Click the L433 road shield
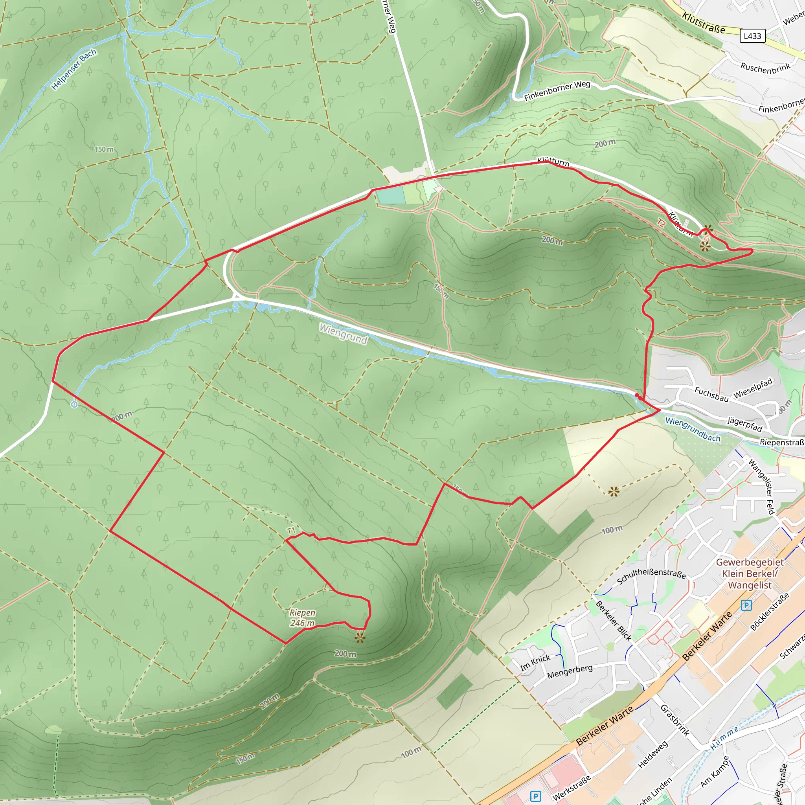click(752, 36)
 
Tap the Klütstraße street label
click(704, 23)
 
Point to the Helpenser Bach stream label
click(74, 70)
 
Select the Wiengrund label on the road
click(343, 334)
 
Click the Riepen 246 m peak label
click(303, 618)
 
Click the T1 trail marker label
click(291, 531)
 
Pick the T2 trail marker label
click(661, 223)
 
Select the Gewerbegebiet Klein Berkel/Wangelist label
click(750, 574)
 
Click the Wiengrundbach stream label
click(693, 430)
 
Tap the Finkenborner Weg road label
click(557, 91)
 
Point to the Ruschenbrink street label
click(765, 68)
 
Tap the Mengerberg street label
click(570, 671)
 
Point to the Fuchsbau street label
click(711, 394)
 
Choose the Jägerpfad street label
click(744, 424)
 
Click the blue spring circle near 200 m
click(74, 404)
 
